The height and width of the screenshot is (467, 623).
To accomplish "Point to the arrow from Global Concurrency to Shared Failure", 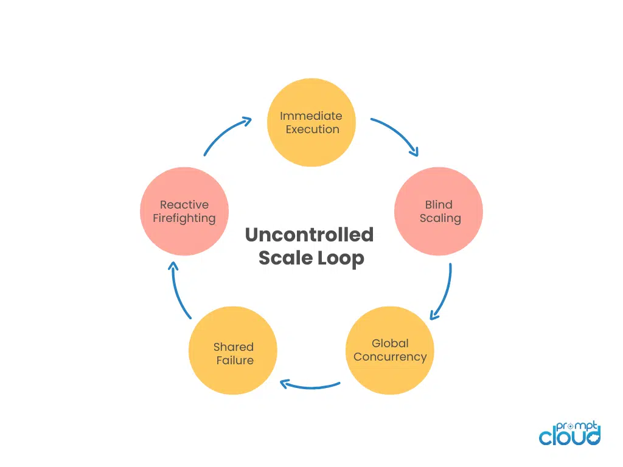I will pyautogui.click(x=310, y=384).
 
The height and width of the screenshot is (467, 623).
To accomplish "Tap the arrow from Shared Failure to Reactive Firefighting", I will pyautogui.click(x=179, y=292).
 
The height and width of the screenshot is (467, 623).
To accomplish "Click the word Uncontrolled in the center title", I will pyautogui.click(x=309, y=235).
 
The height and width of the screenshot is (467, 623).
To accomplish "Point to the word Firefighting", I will pyautogui.click(x=184, y=218).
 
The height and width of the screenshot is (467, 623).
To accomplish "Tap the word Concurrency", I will pyautogui.click(x=390, y=356).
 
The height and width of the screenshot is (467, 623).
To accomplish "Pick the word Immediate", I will pyautogui.click(x=311, y=116).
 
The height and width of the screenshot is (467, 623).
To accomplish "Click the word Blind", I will pyautogui.click(x=439, y=204).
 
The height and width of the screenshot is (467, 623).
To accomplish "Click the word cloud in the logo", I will pyautogui.click(x=568, y=436).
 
